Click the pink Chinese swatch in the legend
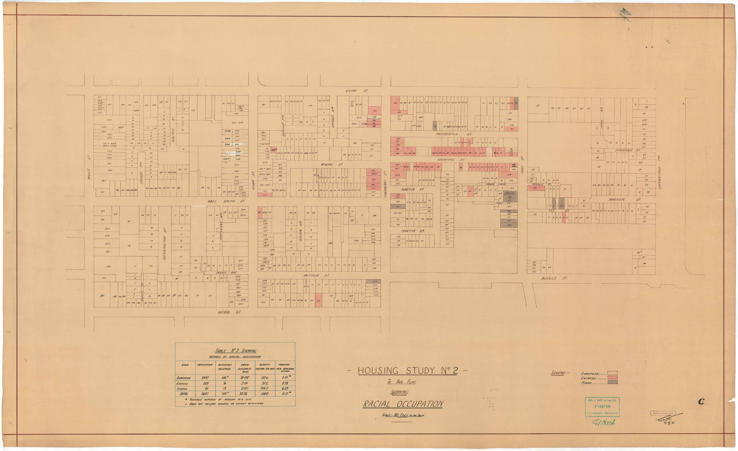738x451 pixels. [x=612, y=378]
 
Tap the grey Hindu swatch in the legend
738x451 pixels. [x=612, y=382]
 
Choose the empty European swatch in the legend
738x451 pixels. [x=612, y=373]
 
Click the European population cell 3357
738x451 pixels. [x=205, y=378]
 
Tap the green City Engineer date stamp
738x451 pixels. [x=602, y=407]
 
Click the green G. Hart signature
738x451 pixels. [x=603, y=422]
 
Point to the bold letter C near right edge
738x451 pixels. [x=701, y=401]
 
